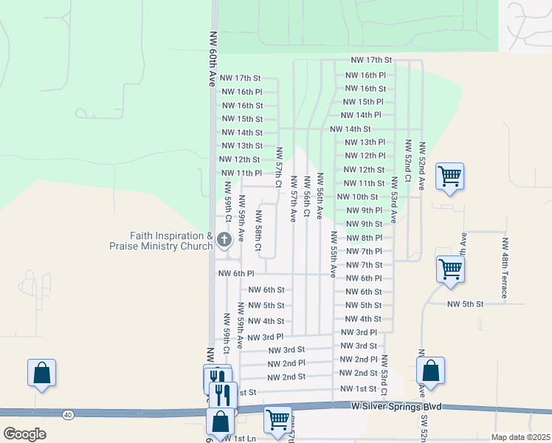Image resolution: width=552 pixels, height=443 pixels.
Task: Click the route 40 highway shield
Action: click(x=68, y=415)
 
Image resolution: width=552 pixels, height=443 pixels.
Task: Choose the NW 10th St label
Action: click(x=357, y=197)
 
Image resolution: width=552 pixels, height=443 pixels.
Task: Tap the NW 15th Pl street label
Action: click(x=363, y=102)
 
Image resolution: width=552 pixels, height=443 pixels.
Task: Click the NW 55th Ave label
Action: click(x=334, y=253)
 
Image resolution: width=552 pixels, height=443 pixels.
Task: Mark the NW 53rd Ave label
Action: click(x=395, y=199)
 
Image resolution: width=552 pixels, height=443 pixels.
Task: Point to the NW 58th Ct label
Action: click(x=259, y=231)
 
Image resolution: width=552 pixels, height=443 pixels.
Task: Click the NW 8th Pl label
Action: click(x=365, y=238)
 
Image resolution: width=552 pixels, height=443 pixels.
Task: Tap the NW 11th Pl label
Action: click(x=241, y=173)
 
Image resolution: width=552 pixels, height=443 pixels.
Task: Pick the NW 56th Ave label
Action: click(x=320, y=196)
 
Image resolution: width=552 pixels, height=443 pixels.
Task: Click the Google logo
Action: click(x=24, y=433)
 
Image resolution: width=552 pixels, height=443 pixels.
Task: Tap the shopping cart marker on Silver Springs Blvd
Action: click(x=278, y=419)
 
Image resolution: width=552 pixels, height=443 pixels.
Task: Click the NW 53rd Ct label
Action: click(x=384, y=377)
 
